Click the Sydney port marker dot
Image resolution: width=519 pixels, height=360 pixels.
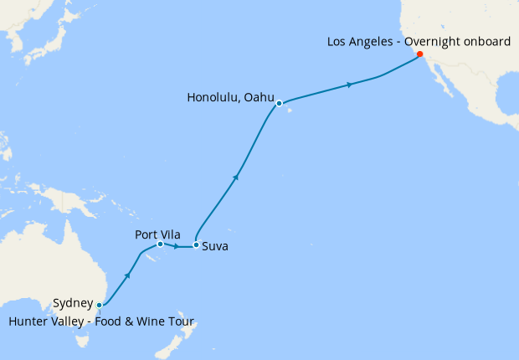tap(100, 305)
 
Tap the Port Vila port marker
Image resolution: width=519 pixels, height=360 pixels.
tap(160, 244)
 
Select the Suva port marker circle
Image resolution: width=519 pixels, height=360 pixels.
tap(196, 245)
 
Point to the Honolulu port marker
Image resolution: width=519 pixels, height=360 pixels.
tap(280, 104)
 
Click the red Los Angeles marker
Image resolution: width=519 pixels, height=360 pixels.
tap(419, 53)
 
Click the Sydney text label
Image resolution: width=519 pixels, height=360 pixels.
tap(72, 303)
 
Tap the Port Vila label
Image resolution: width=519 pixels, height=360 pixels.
tap(157, 234)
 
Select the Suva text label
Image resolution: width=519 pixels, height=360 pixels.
tap(214, 247)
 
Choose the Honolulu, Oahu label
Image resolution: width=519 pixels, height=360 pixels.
tap(231, 98)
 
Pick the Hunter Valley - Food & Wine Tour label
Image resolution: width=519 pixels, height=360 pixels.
tap(101, 321)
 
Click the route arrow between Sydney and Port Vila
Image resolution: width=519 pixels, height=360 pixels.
tap(128, 274)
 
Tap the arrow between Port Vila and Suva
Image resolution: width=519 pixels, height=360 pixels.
tap(177, 246)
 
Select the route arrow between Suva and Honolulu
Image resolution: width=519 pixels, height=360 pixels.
tap(237, 176)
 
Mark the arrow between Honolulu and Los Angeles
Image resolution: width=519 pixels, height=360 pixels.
tap(350, 84)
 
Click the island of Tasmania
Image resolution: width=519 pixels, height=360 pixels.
tap(85, 338)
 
